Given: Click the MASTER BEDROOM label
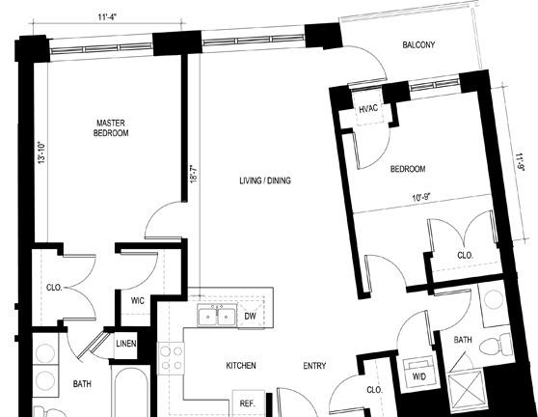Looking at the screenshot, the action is [111, 127].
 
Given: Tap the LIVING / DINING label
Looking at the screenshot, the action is [265, 181].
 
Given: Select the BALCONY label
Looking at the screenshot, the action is [418, 44].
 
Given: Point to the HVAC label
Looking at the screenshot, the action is [368, 109].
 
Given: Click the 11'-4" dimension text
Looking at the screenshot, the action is [108, 17].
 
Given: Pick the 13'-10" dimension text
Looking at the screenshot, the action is [41, 153].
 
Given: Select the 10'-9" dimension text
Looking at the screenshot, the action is [421, 198].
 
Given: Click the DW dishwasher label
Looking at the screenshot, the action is [251, 316].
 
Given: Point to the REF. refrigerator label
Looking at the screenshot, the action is [248, 403].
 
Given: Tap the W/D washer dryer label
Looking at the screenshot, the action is [419, 376].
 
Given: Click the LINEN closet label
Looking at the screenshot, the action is [126, 344].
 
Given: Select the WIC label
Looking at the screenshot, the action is [138, 301].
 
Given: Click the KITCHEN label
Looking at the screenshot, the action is [241, 366].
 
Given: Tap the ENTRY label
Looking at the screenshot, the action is [314, 366].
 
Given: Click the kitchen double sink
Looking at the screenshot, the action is [217, 315].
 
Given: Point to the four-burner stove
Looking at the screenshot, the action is [171, 358].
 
